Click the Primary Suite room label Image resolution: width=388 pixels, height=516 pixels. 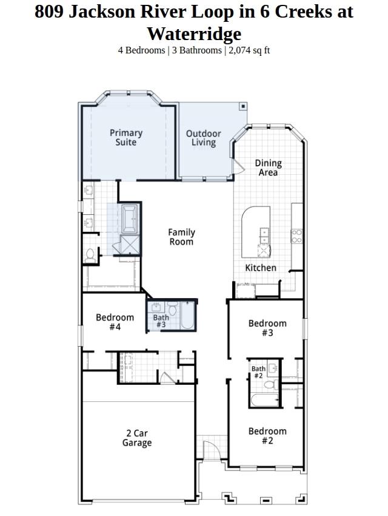coord(126,138)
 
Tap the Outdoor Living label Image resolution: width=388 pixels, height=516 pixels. coord(204,138)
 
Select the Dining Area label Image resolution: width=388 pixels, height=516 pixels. coord(269,168)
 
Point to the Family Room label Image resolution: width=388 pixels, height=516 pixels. coord(181,237)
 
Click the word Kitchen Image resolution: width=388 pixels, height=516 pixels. coord(261,268)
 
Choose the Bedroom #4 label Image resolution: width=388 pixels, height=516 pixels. coord(115,322)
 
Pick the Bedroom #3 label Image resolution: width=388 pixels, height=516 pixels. coord(267,328)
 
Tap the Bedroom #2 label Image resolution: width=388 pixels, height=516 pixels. coord(267,436)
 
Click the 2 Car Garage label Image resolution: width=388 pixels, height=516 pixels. coord(137,438)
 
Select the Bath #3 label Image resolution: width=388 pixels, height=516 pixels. coord(161,321)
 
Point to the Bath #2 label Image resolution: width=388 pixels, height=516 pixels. coord(258,372)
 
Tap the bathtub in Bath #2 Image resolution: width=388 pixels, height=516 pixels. coord(265,400)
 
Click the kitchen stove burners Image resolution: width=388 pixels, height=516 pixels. coord(296,236)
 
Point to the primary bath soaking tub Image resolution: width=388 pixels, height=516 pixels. coord(130,219)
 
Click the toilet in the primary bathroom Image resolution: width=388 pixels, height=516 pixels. coord(90,256)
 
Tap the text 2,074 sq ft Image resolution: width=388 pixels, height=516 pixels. coord(249,50)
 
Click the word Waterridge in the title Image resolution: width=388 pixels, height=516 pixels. coord(194,33)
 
